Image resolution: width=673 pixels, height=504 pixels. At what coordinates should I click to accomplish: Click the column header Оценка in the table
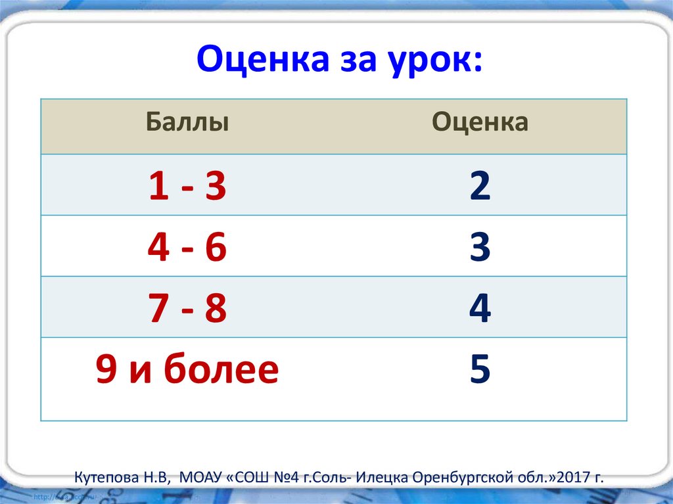point(480,123)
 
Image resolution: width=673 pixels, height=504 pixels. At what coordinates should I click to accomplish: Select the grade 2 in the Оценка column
point(480,187)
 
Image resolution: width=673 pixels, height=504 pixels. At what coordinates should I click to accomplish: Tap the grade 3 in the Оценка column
point(480,248)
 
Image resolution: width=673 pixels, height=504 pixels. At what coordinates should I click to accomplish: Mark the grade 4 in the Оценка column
point(480,309)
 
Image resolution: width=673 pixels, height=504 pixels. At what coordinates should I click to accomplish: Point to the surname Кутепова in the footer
point(104,476)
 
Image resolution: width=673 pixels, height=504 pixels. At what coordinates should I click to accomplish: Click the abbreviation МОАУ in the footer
point(195,476)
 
